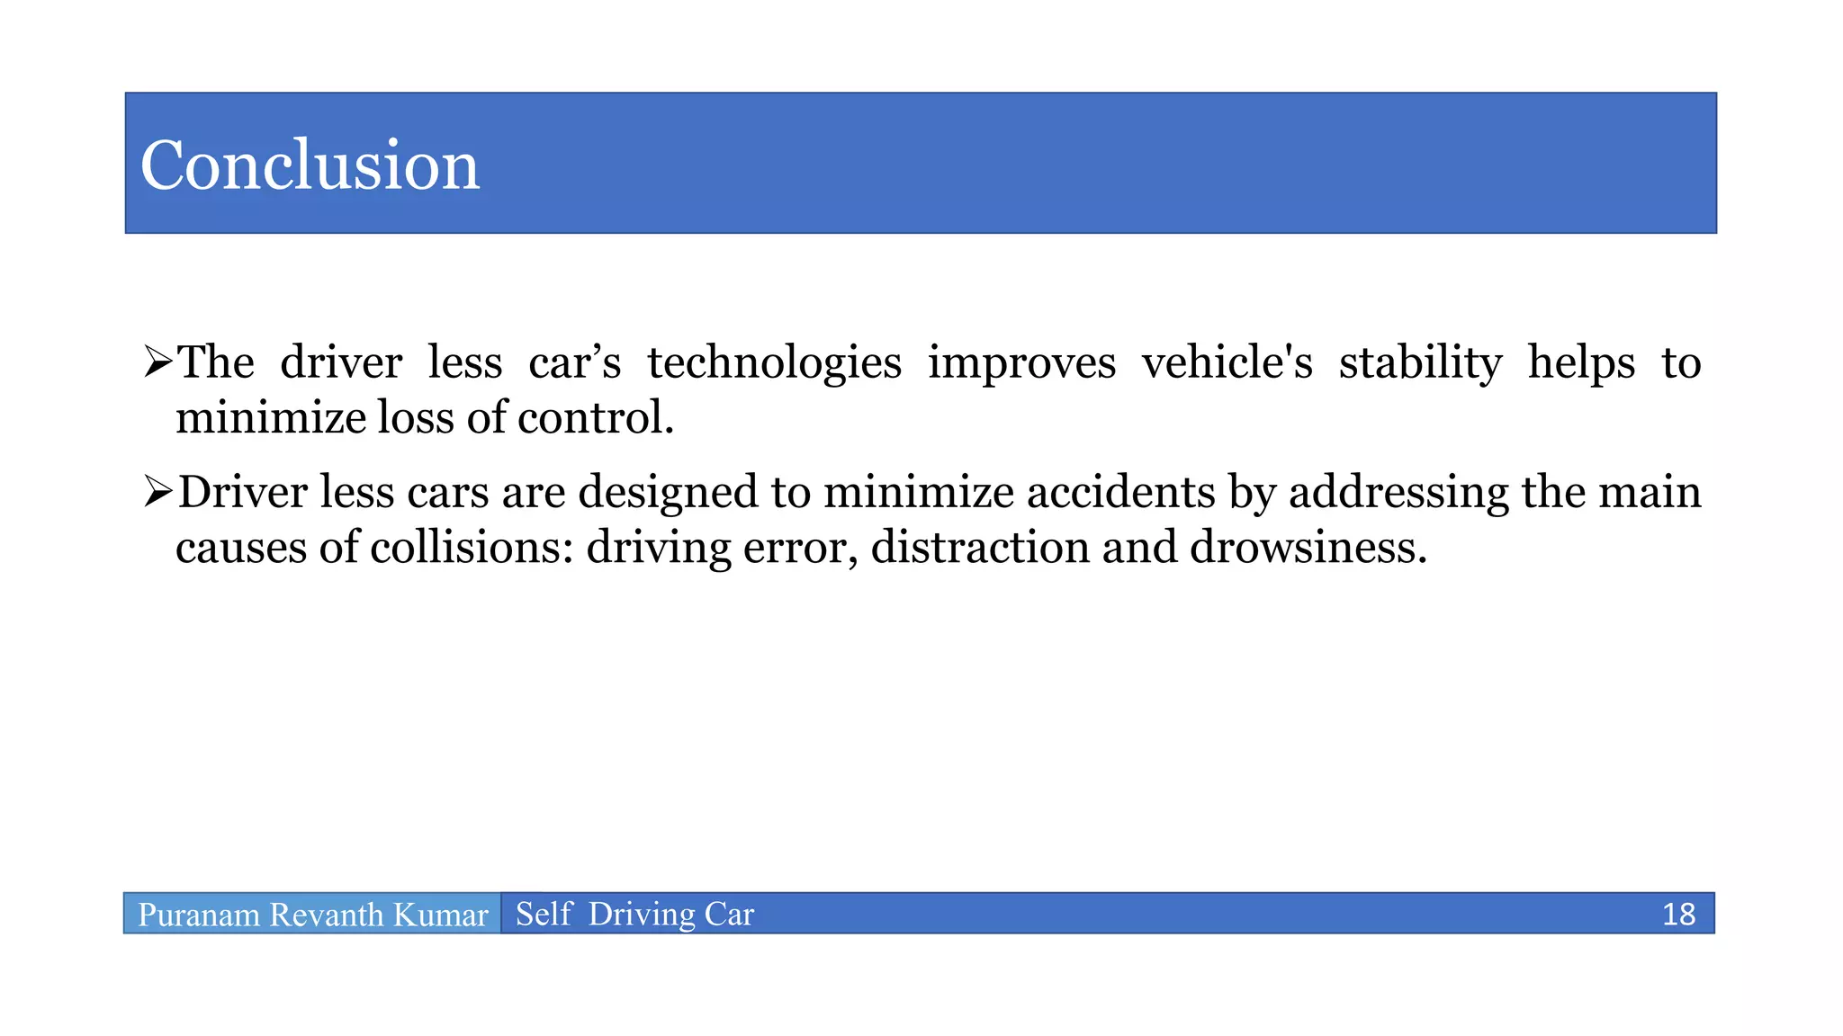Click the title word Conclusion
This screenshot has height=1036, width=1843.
[x=310, y=165]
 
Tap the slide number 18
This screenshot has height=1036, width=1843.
[x=1678, y=914]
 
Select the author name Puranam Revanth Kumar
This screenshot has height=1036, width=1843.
[x=312, y=915]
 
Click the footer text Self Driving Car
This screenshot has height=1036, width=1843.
[x=634, y=914]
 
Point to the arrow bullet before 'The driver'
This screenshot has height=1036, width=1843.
[x=158, y=362]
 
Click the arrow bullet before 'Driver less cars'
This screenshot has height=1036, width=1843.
[x=158, y=492]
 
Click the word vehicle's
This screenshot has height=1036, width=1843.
[x=1227, y=362]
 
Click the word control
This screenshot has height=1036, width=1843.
[x=595, y=418]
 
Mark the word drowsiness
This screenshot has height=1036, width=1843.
[x=1308, y=548]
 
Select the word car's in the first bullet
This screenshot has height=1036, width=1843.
[x=574, y=363]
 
